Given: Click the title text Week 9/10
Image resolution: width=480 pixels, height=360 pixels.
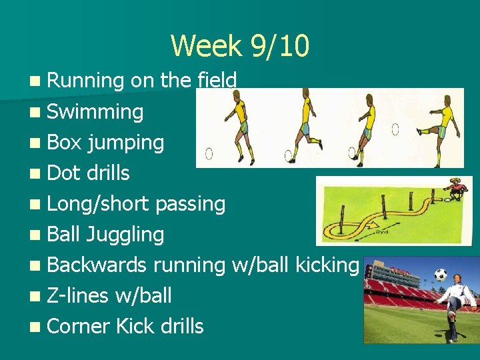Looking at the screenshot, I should [240, 46].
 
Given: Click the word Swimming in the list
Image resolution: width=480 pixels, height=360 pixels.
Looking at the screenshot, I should [95, 111].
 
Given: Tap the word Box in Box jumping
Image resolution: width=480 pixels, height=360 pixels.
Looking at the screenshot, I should [64, 142].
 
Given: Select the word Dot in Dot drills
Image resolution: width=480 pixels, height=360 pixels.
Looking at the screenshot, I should [64, 173].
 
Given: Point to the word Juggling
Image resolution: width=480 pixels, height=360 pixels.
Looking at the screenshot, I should [125, 235].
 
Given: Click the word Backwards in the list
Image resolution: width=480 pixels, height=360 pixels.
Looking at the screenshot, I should [97, 265].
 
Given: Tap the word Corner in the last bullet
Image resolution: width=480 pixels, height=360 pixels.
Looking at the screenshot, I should [79, 326].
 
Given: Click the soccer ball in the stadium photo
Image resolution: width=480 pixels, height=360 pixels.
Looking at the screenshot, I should [440, 274].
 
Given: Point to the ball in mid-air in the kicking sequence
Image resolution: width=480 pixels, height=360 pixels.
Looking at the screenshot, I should [395, 129].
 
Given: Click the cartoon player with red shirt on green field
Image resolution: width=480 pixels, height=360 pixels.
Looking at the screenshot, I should [455, 190].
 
